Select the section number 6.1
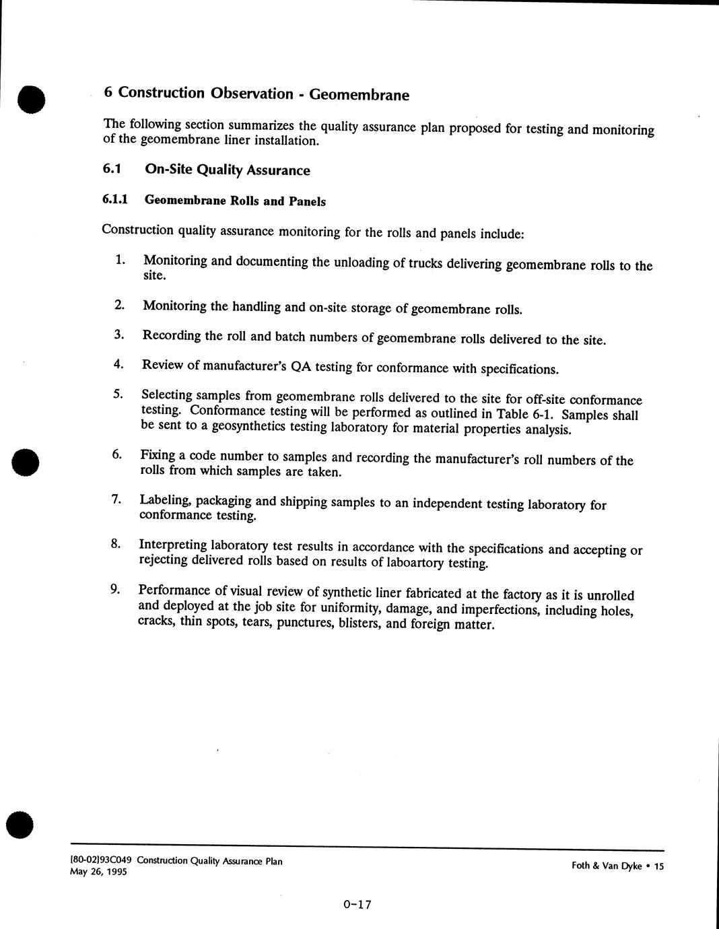click(111, 168)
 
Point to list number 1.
click(120, 260)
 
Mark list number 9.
click(115, 590)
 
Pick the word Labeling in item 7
click(165, 500)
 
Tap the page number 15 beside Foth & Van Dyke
click(658, 866)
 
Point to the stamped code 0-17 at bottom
click(357, 905)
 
